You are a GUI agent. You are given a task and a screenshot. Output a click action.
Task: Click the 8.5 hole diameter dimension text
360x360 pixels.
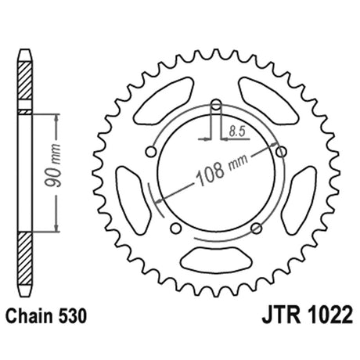[237, 131]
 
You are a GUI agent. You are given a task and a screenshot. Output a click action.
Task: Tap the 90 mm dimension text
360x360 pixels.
[53, 165]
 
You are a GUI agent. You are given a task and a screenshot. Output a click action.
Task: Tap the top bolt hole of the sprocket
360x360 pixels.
[216, 105]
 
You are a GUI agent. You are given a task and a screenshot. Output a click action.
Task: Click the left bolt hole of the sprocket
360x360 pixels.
[151, 152]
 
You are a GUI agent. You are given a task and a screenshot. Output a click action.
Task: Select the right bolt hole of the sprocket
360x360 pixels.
[281, 152]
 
